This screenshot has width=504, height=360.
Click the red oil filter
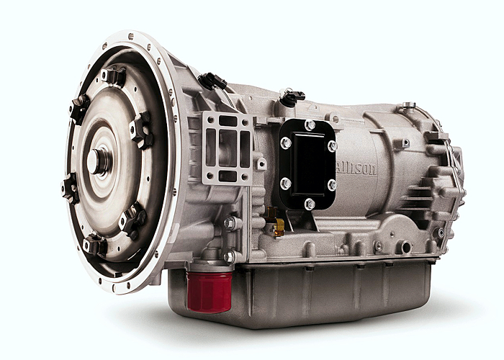210,292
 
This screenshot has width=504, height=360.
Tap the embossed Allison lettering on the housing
356,168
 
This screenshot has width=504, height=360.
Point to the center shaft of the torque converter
96,161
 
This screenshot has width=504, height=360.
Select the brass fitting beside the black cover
275,222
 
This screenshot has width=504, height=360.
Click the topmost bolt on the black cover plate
310,125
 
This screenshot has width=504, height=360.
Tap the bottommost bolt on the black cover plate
309,204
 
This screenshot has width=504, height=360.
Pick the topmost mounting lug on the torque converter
113,76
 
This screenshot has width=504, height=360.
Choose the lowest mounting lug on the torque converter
95,245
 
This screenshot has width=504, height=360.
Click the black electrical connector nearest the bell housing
212,81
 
